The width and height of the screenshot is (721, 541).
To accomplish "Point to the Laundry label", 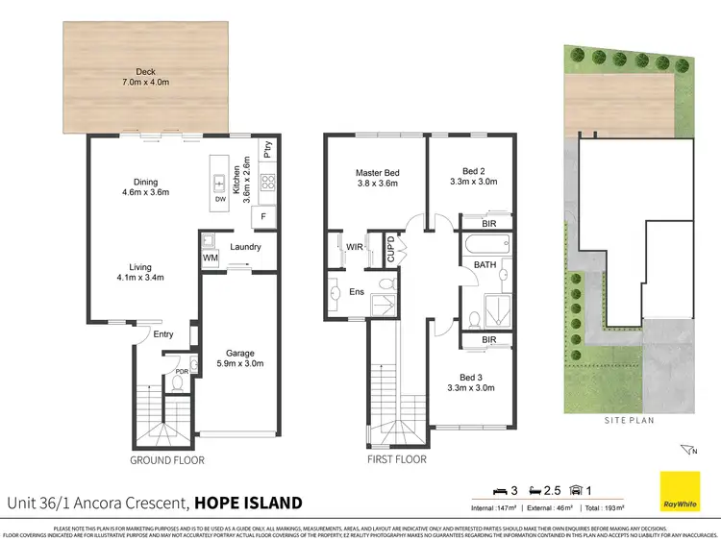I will pyautogui.click(x=246, y=247).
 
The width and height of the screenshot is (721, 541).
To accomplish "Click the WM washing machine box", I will pyautogui.click(x=211, y=258).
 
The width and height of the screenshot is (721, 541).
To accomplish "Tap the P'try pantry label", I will pyautogui.click(x=269, y=151).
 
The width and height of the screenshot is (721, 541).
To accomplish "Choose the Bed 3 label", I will pyautogui.click(x=472, y=382).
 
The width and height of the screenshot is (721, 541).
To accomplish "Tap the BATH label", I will pyautogui.click(x=471, y=269).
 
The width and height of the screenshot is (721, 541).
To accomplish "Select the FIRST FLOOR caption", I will pyautogui.click(x=398, y=460).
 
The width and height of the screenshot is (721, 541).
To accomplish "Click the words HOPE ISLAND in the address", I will pyautogui.click(x=248, y=502).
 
